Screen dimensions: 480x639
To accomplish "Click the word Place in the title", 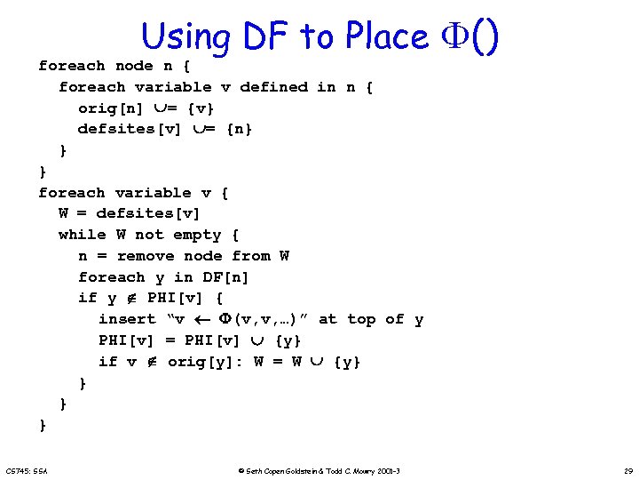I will click(x=387, y=36).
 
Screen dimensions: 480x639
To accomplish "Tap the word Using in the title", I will click(x=185, y=37).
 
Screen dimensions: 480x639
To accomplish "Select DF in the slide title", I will click(x=265, y=36).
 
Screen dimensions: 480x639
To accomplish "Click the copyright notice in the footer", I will click(x=319, y=469).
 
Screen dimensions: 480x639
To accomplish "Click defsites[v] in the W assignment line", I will click(x=148, y=214).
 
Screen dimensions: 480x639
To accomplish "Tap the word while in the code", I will click(x=82, y=236).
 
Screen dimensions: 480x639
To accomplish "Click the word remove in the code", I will click(x=145, y=257).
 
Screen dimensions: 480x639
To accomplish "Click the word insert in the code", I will click(x=127, y=320).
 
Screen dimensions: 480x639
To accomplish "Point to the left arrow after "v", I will click(x=201, y=320).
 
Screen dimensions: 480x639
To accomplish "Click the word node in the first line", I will click(x=134, y=66).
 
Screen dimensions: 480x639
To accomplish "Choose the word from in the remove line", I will click(x=251, y=257).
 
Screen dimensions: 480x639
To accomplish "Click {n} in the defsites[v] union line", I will click(x=240, y=130).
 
